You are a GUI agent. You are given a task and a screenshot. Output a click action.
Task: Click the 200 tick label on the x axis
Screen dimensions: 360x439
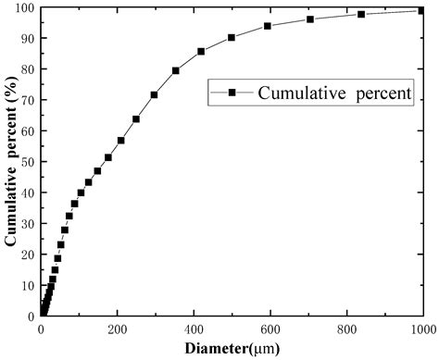117,329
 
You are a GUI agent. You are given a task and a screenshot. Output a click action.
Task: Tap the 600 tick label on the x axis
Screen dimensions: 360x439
270,329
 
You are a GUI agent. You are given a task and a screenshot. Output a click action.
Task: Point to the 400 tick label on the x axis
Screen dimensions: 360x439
194,329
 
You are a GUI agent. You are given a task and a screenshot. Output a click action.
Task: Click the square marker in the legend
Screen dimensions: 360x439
233,93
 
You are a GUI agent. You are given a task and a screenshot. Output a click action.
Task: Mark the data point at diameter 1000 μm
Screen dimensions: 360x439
421,10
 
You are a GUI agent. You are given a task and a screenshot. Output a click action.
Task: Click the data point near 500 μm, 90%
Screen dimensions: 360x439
232,38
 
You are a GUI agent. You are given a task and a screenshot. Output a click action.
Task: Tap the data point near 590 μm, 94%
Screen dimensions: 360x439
268,26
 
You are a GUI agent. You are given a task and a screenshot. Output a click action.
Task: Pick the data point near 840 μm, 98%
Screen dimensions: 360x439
361,14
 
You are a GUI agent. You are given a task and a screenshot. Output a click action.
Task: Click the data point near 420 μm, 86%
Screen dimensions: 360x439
201,51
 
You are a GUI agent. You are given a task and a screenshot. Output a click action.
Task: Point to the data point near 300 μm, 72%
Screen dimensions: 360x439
154,94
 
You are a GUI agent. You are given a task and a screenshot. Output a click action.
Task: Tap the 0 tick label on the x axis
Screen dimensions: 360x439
41,329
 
